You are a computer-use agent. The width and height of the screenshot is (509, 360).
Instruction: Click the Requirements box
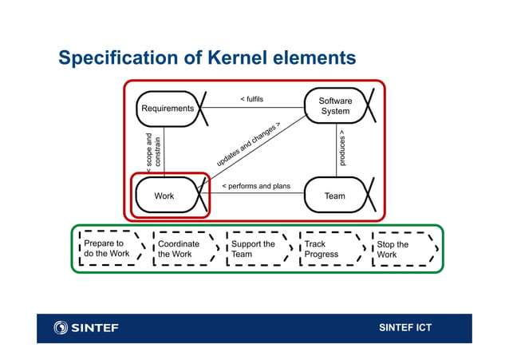(168, 109)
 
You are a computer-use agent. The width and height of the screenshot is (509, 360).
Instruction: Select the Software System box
(335, 106)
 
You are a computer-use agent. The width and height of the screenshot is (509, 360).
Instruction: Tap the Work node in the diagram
(164, 196)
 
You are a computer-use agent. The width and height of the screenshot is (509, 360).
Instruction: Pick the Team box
(335, 196)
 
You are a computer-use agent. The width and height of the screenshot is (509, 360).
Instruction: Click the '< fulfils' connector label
(251, 100)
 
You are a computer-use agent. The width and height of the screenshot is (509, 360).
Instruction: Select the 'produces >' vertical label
(342, 148)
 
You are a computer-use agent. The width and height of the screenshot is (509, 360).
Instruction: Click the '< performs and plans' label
(255, 187)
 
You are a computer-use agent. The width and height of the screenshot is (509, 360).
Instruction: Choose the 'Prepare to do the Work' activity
(109, 249)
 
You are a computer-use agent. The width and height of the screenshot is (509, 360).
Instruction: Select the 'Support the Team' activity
(254, 249)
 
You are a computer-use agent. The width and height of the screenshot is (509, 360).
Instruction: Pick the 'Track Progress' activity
(326, 249)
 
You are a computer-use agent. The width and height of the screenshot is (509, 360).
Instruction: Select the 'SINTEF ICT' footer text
(404, 328)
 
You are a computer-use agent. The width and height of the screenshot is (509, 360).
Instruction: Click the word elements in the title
(319, 58)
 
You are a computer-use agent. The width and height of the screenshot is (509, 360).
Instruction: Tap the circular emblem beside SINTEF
(61, 328)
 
